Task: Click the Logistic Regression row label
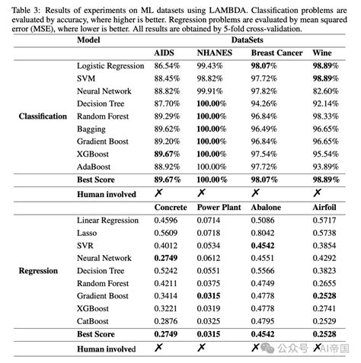pyautogui.click(x=110, y=66)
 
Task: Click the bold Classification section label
pyautogui.click(x=43, y=116)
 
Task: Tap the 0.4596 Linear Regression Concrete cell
pyautogui.click(x=170, y=220)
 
